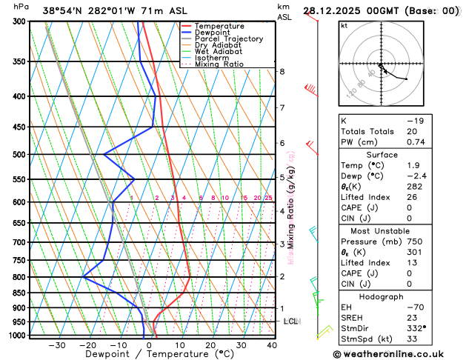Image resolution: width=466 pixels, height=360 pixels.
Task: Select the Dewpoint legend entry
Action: [x=216, y=33]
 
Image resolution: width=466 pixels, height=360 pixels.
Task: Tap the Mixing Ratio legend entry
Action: [x=219, y=64]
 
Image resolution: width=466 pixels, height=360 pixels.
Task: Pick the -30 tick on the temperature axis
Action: [x=57, y=345]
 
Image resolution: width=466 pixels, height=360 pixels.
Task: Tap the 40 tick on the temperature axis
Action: [x=272, y=345]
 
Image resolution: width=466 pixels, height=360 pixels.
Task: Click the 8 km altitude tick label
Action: [x=282, y=71]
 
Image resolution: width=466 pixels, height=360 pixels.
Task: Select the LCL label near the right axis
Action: [x=290, y=321]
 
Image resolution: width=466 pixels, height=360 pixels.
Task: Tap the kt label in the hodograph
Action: [x=344, y=25]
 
